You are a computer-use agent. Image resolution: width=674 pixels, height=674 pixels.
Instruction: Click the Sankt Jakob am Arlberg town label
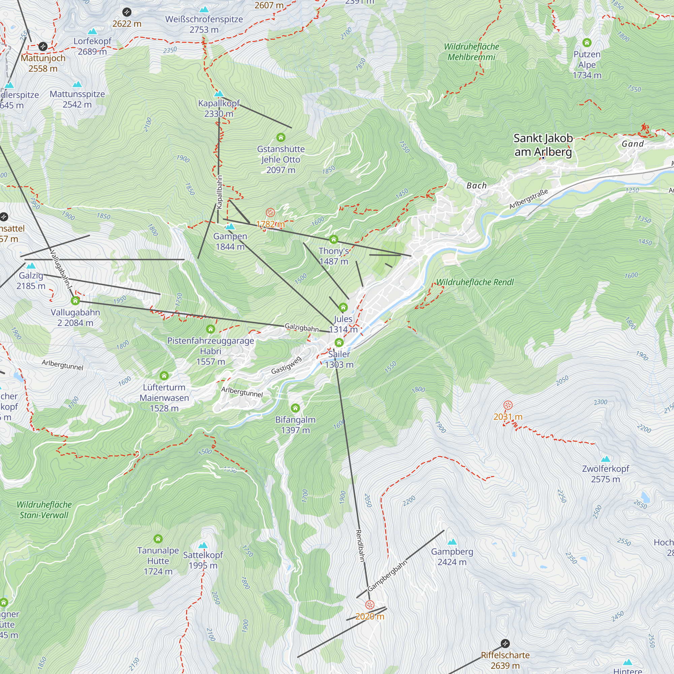click(x=543, y=145)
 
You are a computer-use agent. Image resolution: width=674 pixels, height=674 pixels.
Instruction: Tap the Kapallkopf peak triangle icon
click(x=219, y=93)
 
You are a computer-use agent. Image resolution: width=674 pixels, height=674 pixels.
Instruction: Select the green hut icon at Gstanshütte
click(x=281, y=137)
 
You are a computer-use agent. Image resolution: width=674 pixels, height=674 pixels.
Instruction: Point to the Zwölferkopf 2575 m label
click(x=605, y=474)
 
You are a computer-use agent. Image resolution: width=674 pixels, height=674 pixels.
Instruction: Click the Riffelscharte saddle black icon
click(x=505, y=643)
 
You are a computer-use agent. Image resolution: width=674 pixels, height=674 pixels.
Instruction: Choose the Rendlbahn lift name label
click(x=360, y=546)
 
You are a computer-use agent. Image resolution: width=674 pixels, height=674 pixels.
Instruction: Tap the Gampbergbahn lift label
click(x=387, y=576)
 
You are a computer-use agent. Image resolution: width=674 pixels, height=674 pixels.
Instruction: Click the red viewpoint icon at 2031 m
click(x=508, y=405)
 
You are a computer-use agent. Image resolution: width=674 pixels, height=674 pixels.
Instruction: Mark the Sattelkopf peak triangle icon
click(x=203, y=545)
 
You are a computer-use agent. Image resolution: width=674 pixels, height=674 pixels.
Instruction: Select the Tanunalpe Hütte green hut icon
click(x=158, y=539)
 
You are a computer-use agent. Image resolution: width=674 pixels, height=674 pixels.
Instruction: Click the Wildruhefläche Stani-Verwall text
click(x=44, y=510)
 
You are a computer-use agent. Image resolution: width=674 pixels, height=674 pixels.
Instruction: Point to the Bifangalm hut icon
click(x=296, y=408)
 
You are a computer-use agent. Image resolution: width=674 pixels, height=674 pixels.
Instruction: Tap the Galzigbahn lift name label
click(x=302, y=328)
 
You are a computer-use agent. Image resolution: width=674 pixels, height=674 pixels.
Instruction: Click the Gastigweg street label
click(x=286, y=365)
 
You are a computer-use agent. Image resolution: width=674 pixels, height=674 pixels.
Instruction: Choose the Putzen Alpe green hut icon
click(x=587, y=42)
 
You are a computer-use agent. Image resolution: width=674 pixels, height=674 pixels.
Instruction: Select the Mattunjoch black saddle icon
click(x=43, y=47)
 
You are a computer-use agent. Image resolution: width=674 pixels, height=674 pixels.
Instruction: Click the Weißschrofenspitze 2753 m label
click(x=204, y=24)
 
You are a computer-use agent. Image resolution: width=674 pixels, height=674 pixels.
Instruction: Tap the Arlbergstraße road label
click(x=528, y=199)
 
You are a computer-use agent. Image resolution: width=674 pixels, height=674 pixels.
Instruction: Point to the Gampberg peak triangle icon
click(x=452, y=542)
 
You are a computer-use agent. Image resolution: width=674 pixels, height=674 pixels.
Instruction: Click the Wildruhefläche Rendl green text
click(x=475, y=282)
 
